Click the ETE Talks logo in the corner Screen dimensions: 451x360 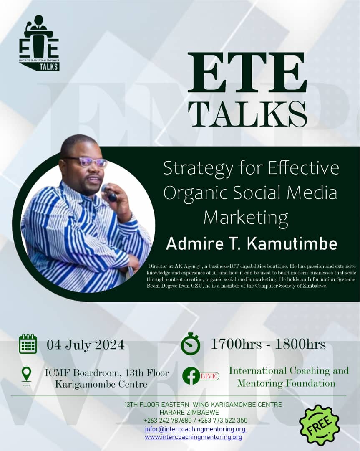click(39, 43)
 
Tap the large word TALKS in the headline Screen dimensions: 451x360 click(247, 114)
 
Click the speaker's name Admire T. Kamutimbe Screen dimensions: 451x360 click(252, 244)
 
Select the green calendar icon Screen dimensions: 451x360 click(28, 344)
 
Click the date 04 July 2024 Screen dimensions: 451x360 click(86, 345)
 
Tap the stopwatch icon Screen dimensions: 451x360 click(191, 344)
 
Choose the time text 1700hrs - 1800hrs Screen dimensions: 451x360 click(268, 344)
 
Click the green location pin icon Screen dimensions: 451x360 click(26, 373)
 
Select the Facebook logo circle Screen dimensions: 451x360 click(191, 375)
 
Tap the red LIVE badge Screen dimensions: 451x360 click(209, 376)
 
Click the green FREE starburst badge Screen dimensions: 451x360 click(320, 425)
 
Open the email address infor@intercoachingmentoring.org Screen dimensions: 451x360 click(196, 429)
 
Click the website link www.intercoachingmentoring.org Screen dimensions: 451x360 click(194, 437)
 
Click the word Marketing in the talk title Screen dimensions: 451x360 click(246, 217)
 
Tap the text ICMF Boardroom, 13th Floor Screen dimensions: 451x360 click(107, 373)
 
